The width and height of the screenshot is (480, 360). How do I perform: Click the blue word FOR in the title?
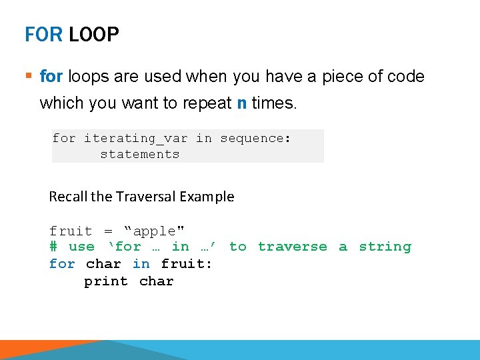[x=44, y=35]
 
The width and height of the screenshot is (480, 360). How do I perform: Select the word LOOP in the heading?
[x=94, y=35]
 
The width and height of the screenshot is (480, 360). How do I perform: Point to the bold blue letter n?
[x=241, y=103]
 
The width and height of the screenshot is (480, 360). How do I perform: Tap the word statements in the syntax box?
[x=140, y=154]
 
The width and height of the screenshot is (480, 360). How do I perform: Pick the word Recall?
[x=69, y=197]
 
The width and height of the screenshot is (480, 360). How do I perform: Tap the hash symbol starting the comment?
[x=53, y=247]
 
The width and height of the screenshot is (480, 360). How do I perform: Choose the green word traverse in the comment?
[x=293, y=247]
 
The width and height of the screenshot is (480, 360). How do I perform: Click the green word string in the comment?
[x=385, y=247]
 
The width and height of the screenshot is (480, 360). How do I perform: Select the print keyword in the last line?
[x=105, y=281]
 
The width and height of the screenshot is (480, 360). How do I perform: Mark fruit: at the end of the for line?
[x=186, y=264]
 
